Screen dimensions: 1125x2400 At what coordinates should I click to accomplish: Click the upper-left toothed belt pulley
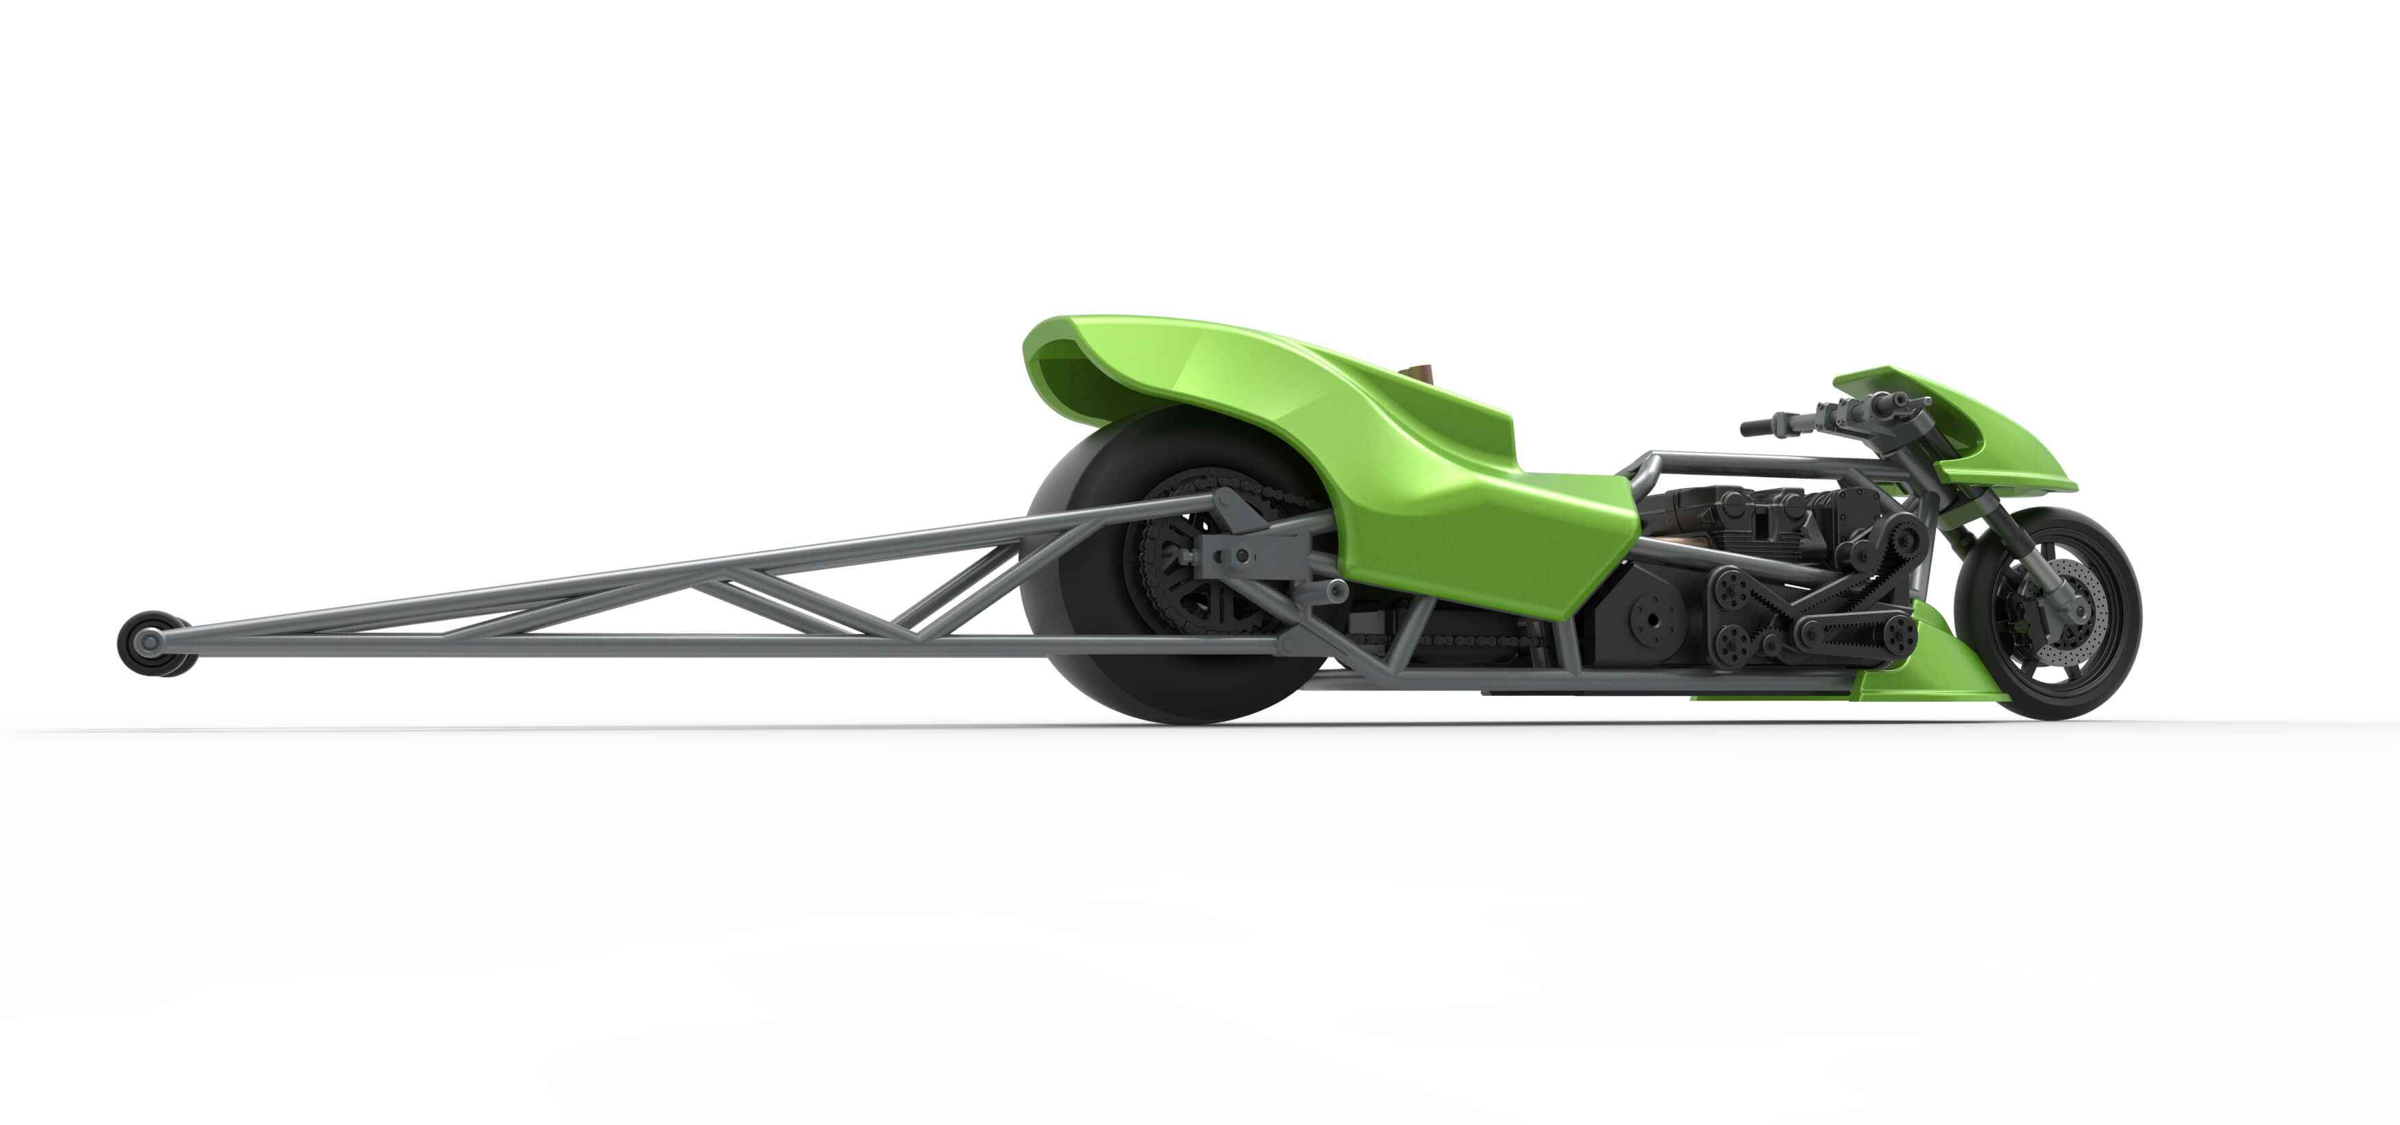1733,589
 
